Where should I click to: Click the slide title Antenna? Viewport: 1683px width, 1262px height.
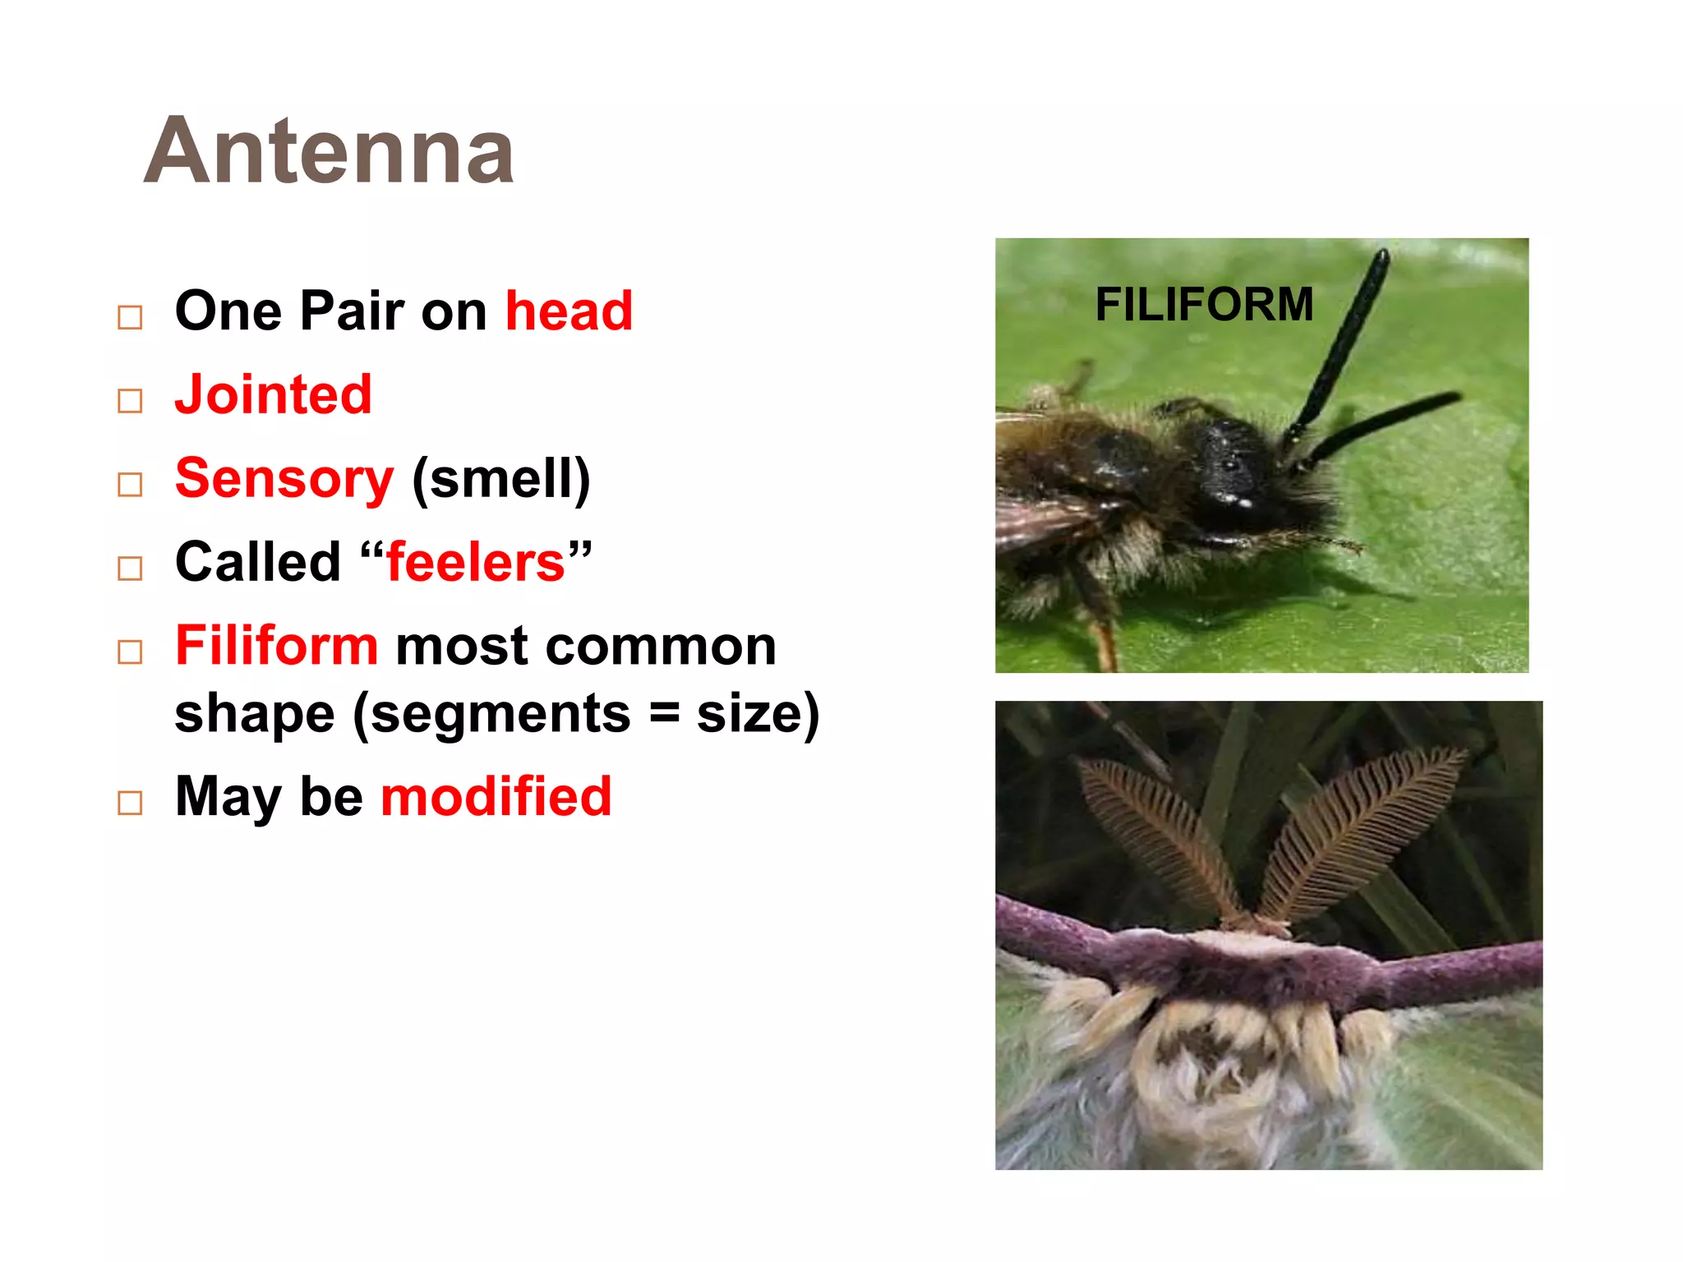(x=329, y=151)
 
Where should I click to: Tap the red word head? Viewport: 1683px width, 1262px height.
(x=569, y=311)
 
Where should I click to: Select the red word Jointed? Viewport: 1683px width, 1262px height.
(x=274, y=394)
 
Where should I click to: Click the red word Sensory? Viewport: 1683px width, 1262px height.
(x=284, y=478)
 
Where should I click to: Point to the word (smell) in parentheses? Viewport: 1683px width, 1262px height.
(x=500, y=478)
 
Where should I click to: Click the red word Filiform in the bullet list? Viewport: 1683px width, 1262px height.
(x=276, y=646)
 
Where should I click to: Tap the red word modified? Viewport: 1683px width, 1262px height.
(x=496, y=796)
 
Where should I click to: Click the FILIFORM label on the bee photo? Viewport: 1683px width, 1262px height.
(x=1204, y=305)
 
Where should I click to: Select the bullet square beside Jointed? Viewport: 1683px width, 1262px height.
(x=130, y=401)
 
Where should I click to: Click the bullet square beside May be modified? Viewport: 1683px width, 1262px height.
(x=130, y=803)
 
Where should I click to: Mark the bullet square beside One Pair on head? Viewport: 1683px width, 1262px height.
(x=130, y=317)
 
